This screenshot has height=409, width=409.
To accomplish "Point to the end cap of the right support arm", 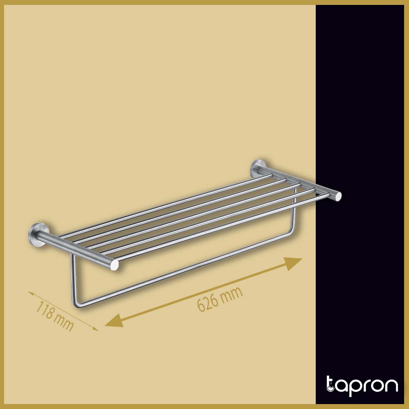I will click(x=338, y=197).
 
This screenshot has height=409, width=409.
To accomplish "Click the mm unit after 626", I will click(x=233, y=293).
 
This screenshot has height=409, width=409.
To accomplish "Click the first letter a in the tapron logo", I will click(x=341, y=387).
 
